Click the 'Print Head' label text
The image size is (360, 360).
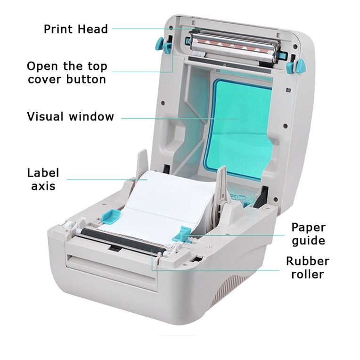coord(76,29)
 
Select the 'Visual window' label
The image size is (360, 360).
coord(70,116)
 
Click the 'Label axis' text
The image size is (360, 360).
coord(43,179)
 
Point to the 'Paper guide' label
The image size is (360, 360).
coord(308,234)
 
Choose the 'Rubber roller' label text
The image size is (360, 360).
coord(308,268)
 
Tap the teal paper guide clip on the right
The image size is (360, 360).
coord(181,234)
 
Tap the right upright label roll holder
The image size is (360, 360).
coord(223,188)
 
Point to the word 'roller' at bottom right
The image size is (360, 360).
coord(308,275)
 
